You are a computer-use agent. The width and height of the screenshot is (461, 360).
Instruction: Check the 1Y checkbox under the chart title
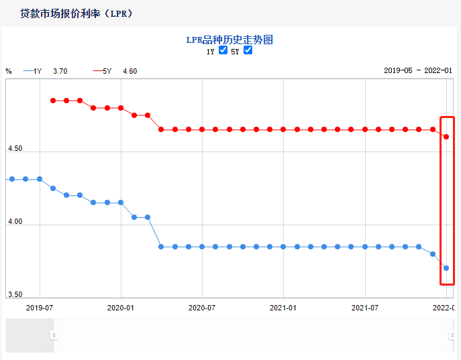click(x=223, y=50)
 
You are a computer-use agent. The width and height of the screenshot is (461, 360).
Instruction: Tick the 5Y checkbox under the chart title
click(x=248, y=50)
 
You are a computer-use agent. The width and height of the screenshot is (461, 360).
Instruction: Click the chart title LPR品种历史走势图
click(x=229, y=40)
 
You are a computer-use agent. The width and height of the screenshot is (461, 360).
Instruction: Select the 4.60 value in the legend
click(x=130, y=70)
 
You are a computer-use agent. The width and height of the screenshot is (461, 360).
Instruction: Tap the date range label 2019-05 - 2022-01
click(x=418, y=70)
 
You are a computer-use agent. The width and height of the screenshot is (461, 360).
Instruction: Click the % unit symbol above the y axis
click(x=9, y=70)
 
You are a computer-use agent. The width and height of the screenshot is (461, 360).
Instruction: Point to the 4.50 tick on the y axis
click(x=14, y=148)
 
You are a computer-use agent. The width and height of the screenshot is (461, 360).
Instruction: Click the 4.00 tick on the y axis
click(x=14, y=221)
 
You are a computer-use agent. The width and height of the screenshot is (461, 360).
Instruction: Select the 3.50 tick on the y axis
click(x=14, y=294)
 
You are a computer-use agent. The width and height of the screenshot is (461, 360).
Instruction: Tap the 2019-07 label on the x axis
click(x=40, y=308)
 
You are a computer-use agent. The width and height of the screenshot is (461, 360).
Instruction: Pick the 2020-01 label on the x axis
click(x=121, y=308)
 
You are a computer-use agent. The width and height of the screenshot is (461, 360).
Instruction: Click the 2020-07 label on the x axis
click(x=202, y=308)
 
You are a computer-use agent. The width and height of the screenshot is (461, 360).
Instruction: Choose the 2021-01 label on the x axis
click(x=283, y=308)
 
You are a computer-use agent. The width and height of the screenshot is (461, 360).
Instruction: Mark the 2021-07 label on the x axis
click(x=364, y=308)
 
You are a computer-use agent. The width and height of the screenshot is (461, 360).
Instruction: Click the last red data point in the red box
click(x=446, y=137)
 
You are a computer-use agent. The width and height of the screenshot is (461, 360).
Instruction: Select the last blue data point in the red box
click(x=446, y=268)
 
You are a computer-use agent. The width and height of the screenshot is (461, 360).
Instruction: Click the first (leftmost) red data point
click(x=53, y=101)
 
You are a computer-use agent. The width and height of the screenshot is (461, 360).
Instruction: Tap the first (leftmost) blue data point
click(x=12, y=179)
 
